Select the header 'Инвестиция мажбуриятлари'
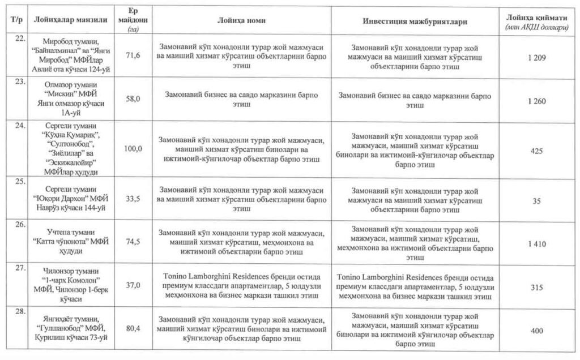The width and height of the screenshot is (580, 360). (x=415, y=20)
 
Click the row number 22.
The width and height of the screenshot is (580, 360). (x=20, y=38)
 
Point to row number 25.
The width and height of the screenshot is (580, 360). (x=20, y=182)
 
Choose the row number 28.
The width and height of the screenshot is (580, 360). (x=20, y=312)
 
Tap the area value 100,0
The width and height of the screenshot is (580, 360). (x=133, y=149)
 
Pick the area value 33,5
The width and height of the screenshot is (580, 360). (x=133, y=198)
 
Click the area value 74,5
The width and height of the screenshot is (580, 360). (x=133, y=241)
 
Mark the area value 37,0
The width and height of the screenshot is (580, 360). (x=133, y=285)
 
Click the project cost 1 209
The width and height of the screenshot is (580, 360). (x=535, y=58)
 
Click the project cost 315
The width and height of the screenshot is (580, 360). (x=536, y=287)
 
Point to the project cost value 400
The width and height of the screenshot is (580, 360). (x=536, y=331)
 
